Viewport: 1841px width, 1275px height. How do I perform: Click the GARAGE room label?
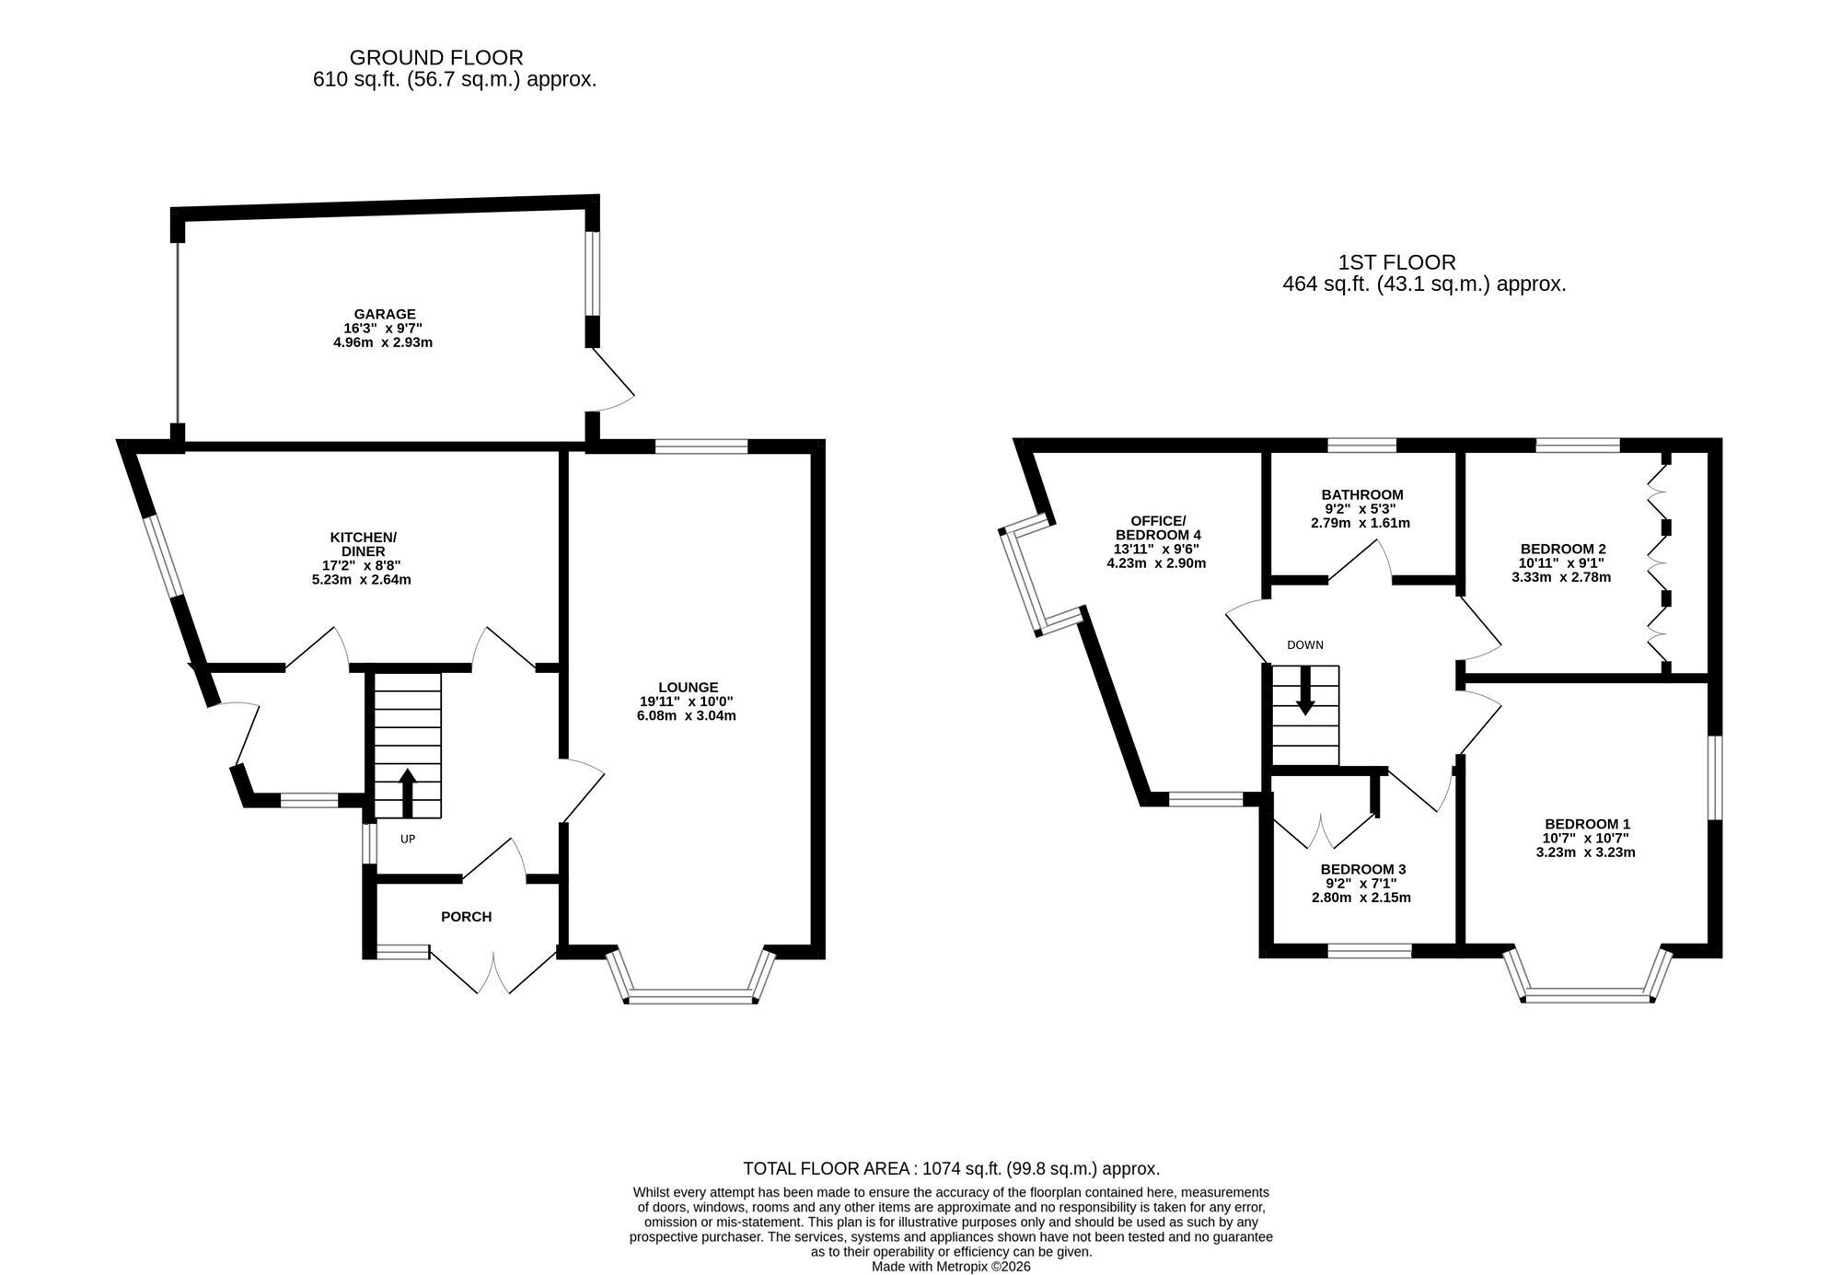[x=385, y=314]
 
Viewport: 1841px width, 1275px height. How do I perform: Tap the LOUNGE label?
[x=689, y=687]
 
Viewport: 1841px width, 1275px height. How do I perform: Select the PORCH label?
[x=467, y=917]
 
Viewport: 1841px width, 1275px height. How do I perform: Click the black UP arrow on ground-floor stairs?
[x=408, y=793]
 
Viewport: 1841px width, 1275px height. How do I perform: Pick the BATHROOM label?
[x=1362, y=494]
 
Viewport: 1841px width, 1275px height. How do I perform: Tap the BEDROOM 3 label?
[x=1363, y=869]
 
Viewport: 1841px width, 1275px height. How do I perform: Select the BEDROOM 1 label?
[x=1588, y=824]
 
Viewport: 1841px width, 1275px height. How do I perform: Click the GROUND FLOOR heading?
[x=436, y=57]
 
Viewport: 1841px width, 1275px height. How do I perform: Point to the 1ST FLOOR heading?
[x=1397, y=262]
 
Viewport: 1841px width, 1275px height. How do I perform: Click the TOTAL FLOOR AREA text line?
[x=952, y=1169]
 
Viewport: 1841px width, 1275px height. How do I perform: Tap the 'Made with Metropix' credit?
[x=952, y=1267]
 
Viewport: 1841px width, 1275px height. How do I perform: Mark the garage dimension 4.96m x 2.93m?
[x=383, y=342]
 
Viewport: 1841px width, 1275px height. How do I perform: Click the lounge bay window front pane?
[x=690, y=995]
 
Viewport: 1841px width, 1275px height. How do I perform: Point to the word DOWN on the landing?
[x=1305, y=645]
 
